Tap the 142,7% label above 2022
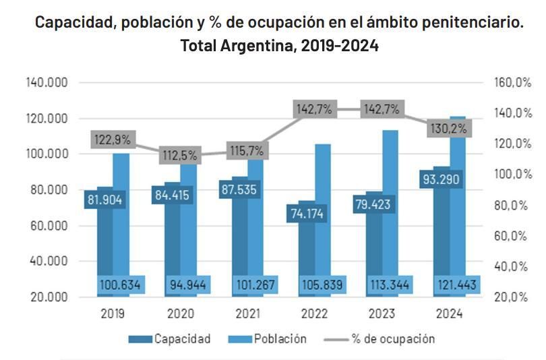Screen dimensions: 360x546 (315, 109)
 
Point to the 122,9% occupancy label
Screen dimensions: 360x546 (114, 140)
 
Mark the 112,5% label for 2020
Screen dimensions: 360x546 (180, 155)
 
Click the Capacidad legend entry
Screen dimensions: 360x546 (170, 338)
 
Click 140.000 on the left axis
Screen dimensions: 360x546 (47, 82)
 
